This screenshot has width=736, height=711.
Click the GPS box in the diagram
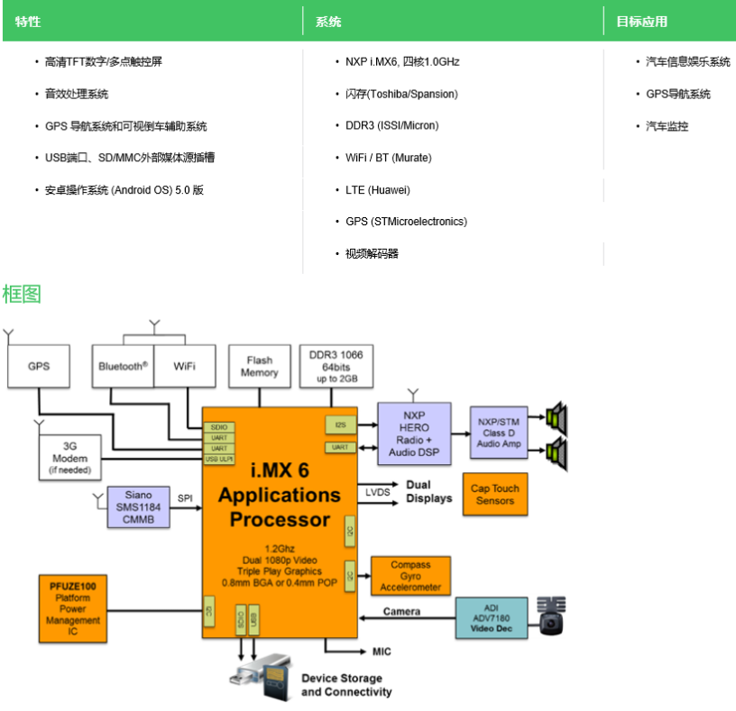click(38, 367)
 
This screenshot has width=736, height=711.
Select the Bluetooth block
click(123, 367)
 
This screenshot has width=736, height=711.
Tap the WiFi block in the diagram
click(185, 367)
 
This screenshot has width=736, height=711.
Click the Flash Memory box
click(259, 367)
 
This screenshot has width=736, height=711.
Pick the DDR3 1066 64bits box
click(336, 367)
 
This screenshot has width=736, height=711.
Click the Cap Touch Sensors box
click(494, 494)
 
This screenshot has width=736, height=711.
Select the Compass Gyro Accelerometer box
click(410, 576)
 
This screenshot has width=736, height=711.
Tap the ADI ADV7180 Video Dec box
click(491, 618)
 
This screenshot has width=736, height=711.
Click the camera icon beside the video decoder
click(550, 615)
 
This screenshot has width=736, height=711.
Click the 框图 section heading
click(22, 294)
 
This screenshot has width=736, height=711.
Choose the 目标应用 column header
click(641, 22)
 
